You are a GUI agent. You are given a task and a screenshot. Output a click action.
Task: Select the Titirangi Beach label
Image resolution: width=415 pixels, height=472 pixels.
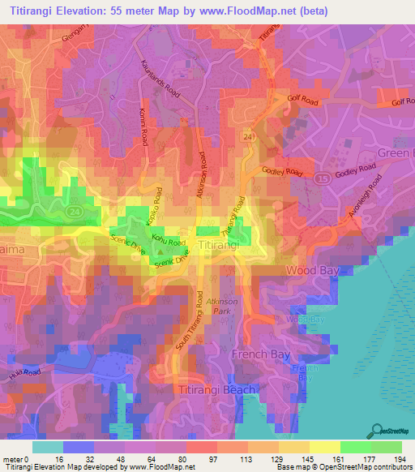(x=216, y=389)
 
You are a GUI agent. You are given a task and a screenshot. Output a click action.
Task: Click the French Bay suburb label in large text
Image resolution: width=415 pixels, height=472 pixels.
(x=255, y=354)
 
